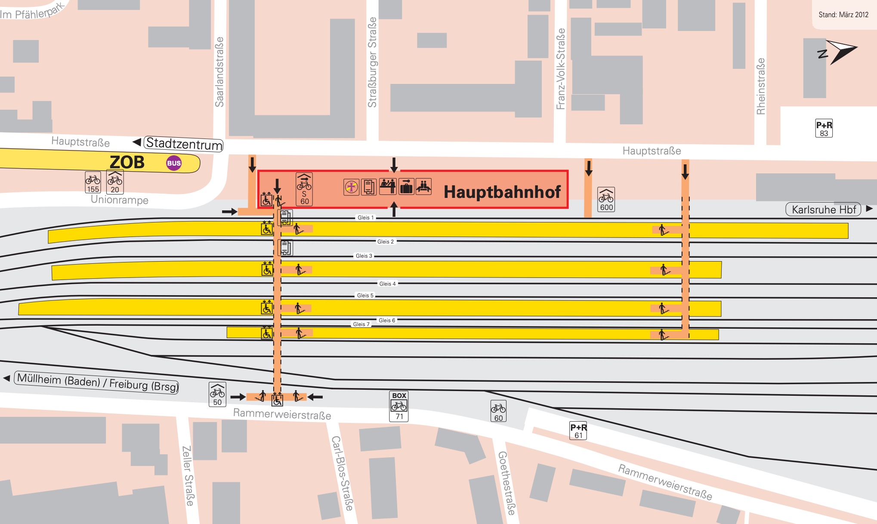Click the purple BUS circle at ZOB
(174, 163)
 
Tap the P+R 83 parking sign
(824, 128)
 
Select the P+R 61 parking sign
(578, 431)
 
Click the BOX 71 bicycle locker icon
(399, 406)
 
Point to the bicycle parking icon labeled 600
(606, 200)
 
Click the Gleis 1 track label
(366, 218)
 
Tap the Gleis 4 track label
(387, 284)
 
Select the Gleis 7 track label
(361, 324)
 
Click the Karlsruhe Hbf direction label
(823, 210)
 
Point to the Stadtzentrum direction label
(184, 144)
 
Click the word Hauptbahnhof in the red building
(502, 192)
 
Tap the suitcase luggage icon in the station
(406, 187)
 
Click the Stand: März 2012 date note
(843, 15)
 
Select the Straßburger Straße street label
(372, 62)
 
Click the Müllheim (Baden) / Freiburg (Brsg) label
(97, 382)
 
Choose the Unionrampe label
(119, 200)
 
